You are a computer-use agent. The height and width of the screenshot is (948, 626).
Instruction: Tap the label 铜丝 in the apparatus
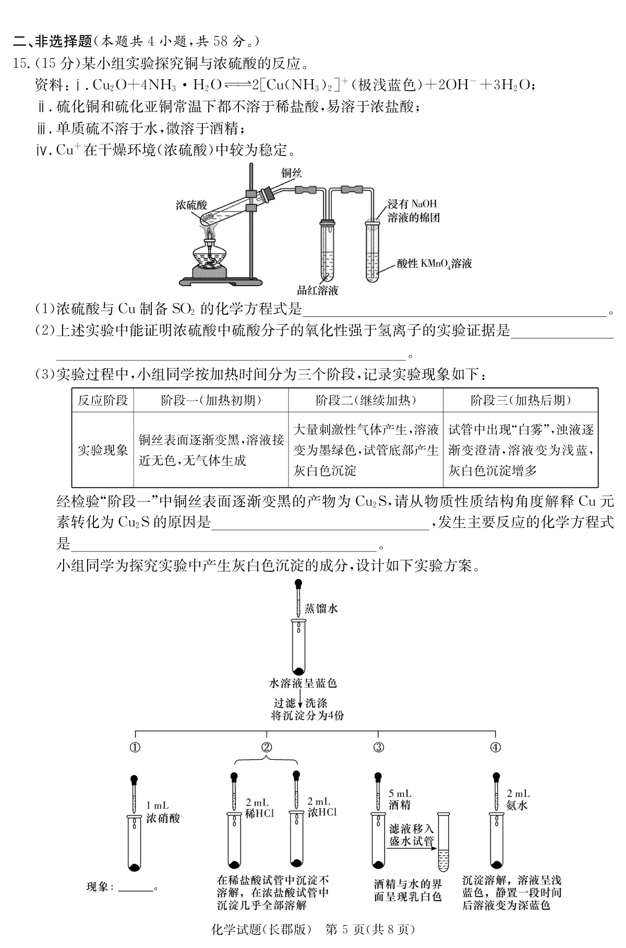[292, 174]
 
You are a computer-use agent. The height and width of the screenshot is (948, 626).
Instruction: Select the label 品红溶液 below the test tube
[318, 290]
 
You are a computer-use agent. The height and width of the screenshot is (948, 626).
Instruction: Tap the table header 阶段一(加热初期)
[211, 400]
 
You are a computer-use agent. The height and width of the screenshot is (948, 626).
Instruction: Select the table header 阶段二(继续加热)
[366, 400]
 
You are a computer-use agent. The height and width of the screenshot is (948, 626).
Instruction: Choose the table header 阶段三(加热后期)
[520, 400]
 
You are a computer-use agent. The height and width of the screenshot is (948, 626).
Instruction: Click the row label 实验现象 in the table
[103, 450]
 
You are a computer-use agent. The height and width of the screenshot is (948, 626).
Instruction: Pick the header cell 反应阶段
[103, 400]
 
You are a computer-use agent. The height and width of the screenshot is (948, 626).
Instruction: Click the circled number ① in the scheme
[135, 747]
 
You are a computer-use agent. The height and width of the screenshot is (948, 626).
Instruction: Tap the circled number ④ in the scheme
[495, 747]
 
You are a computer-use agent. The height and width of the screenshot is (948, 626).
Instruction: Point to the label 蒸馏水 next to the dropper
[321, 608]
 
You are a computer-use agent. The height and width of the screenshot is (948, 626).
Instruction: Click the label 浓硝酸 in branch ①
[163, 818]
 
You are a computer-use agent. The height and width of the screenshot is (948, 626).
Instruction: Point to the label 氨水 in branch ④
[517, 805]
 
